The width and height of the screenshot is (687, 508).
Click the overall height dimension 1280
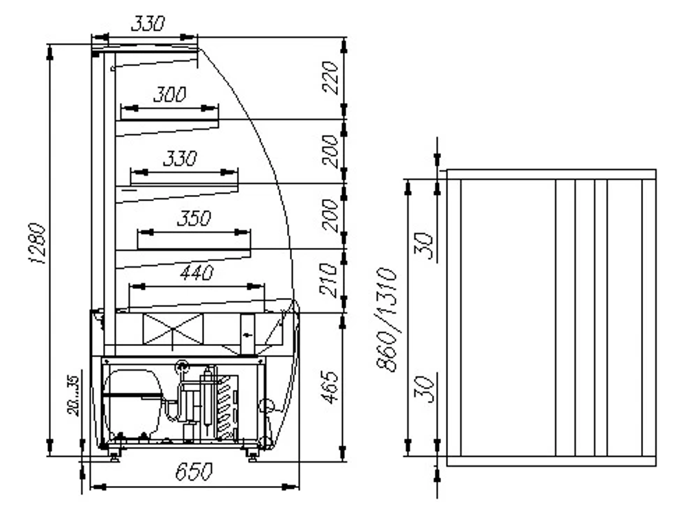(x=39, y=244)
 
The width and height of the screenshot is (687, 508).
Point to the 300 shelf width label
(x=169, y=95)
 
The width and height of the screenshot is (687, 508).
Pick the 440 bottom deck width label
(x=196, y=273)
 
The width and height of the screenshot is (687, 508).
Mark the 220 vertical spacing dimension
(x=330, y=78)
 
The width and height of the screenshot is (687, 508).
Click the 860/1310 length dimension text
(x=389, y=319)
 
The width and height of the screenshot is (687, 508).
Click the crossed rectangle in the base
(x=172, y=329)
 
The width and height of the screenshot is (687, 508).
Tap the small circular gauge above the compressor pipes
(x=182, y=366)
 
